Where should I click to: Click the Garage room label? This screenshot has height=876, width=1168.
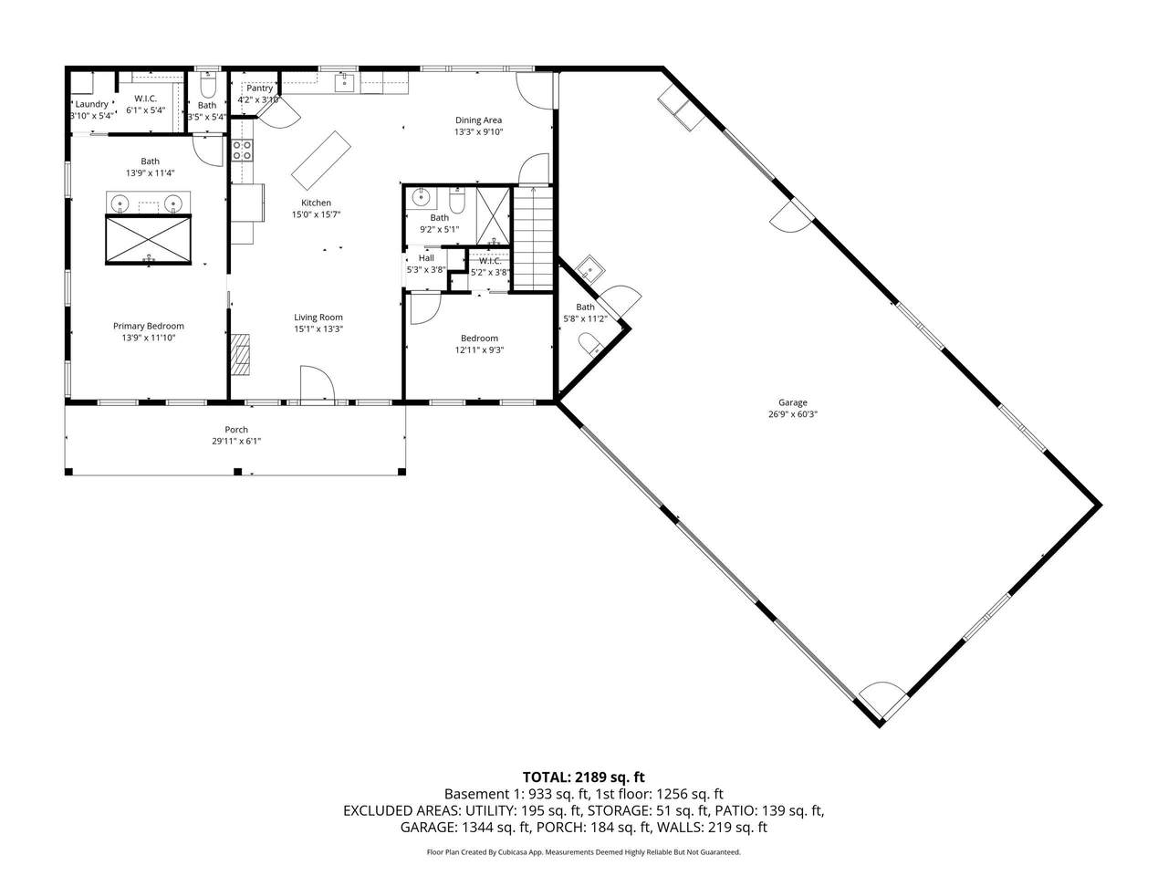[x=792, y=402]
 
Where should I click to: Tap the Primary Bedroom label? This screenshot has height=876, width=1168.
[x=149, y=326]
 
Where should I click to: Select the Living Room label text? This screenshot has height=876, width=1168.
[x=318, y=318]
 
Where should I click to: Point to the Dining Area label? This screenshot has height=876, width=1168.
[x=478, y=120]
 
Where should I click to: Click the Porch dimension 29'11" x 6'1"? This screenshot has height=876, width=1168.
[x=236, y=441]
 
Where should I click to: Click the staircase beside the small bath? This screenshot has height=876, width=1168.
[x=533, y=238]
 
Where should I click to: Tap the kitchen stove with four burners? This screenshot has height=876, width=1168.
[x=242, y=150]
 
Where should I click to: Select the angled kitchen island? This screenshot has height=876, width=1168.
[x=321, y=160]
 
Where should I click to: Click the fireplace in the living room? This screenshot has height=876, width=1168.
[x=240, y=355]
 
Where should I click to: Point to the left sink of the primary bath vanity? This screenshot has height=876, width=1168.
[x=120, y=203]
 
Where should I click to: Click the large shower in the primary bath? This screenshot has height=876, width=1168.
[x=148, y=239]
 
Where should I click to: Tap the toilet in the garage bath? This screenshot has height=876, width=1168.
[x=590, y=345]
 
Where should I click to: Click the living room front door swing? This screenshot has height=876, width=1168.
[x=318, y=382]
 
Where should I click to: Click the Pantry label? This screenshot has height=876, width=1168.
[x=260, y=89]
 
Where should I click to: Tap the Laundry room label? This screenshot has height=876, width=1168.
[x=92, y=104]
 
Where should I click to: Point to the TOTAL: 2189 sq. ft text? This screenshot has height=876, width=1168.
[x=584, y=777]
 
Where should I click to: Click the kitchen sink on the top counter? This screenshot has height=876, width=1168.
[x=345, y=83]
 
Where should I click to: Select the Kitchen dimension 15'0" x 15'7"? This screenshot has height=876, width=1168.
[x=316, y=214]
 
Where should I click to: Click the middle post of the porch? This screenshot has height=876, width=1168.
[x=238, y=471]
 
